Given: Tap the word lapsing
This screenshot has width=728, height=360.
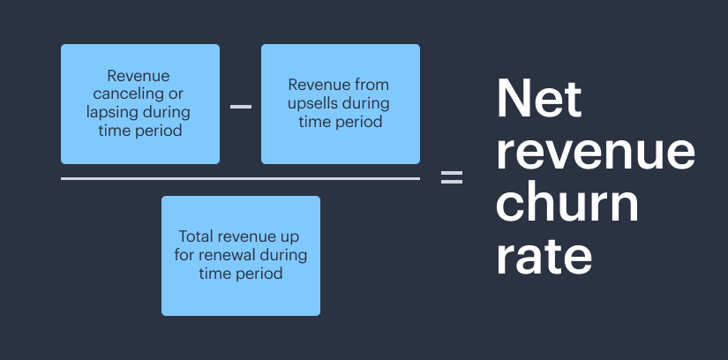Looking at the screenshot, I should point(111,113).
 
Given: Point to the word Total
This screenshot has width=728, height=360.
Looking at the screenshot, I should point(197,237).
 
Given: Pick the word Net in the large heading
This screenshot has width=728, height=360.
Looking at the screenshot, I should point(539,99).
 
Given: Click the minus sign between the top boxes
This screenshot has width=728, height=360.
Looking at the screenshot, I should point(241,107).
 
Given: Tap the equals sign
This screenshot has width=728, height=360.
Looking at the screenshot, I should point(451,177).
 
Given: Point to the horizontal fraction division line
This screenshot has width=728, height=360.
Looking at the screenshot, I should point(240,178).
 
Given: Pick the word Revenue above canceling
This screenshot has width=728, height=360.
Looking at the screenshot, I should point(139,77).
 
